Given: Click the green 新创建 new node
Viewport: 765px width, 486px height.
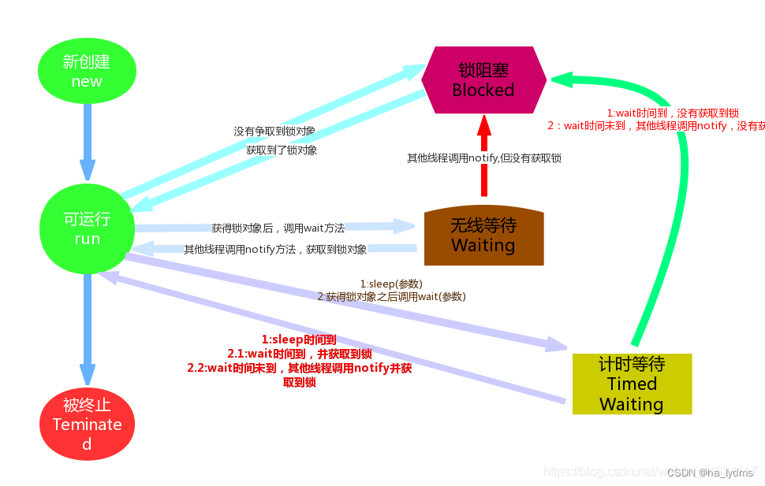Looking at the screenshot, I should [87, 71].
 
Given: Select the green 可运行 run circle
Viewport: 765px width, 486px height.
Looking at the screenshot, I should [87, 228].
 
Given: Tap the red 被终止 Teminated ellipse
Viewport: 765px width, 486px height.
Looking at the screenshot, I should [87, 425].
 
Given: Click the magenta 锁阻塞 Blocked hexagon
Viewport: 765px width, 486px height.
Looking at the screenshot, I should [483, 80].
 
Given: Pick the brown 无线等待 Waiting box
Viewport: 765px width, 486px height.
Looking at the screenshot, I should [483, 236].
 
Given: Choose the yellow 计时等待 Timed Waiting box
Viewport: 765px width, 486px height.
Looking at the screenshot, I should [632, 384].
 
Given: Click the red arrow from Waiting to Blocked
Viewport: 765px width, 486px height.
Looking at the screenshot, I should [484, 158].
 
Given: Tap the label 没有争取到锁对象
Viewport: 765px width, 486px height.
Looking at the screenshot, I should [274, 131].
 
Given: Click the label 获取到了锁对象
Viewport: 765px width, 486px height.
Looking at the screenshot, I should [282, 150].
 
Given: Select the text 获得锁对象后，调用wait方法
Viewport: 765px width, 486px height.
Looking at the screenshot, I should [278, 228].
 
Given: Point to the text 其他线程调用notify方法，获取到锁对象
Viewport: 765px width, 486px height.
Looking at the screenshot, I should [275, 249].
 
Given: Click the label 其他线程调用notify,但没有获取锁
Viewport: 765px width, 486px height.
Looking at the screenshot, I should [484, 158].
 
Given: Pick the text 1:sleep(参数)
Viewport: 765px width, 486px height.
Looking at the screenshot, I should [391, 284].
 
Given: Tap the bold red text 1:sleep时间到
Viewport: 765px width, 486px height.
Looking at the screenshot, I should [299, 339].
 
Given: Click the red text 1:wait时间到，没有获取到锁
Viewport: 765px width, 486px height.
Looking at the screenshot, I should [672, 113].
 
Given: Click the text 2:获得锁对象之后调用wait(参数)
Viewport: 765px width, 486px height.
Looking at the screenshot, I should [391, 296].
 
